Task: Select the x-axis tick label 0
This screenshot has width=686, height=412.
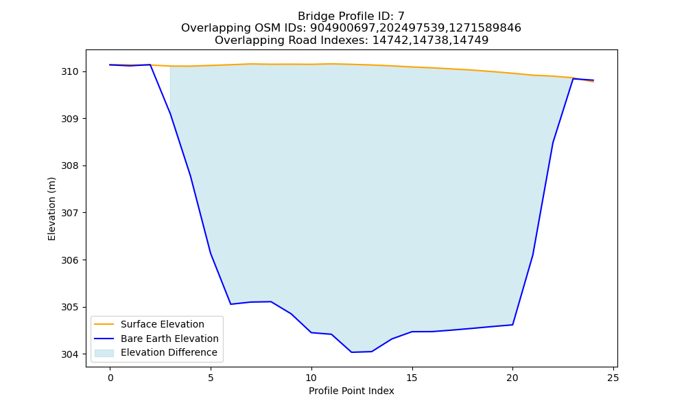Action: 110,378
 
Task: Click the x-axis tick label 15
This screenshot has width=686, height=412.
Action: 412,378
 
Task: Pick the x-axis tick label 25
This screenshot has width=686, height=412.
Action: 613,378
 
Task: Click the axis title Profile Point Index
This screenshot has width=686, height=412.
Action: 351,391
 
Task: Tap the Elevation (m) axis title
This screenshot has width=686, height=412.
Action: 51,209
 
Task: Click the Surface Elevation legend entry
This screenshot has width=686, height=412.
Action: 148,324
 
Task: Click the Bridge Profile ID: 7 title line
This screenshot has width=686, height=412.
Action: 351,16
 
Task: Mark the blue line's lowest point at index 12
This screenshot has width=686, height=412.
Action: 352,352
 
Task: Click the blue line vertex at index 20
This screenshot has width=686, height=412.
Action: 512,324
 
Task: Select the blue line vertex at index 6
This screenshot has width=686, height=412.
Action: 231,304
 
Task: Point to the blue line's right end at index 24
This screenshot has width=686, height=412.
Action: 593,80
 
